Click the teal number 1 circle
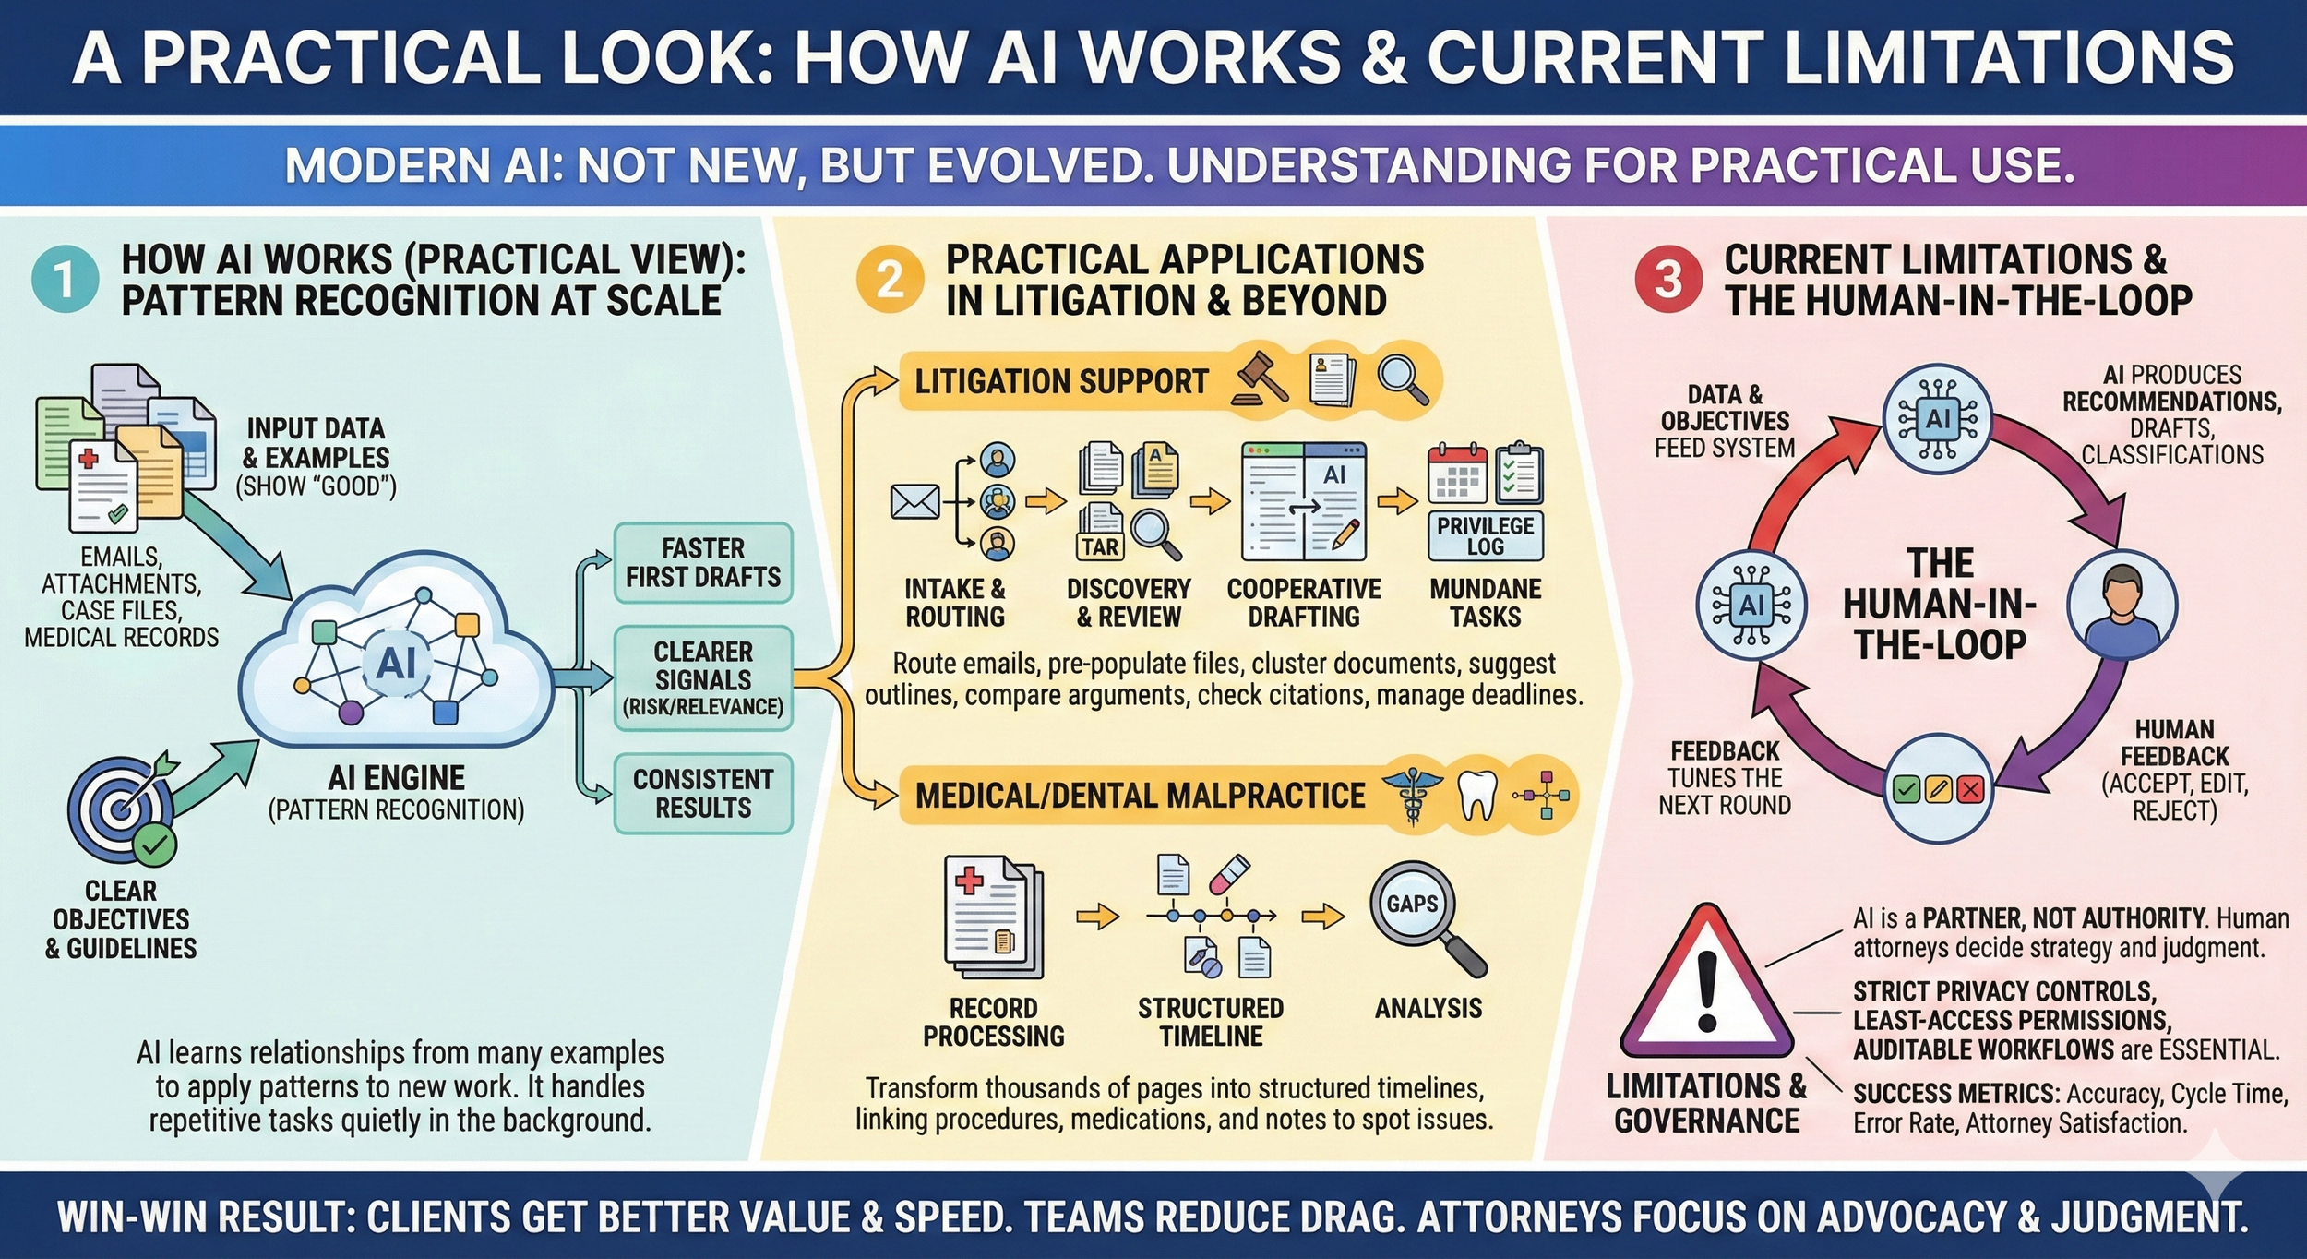click(65, 280)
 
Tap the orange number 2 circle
click(889, 280)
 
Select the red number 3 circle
click(1667, 280)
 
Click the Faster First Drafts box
click(703, 563)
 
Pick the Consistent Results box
click(703, 794)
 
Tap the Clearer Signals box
click(703, 678)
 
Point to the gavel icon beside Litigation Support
click(1261, 378)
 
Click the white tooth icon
click(1475, 795)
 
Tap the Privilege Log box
click(1485, 536)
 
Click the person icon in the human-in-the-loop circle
click(2121, 605)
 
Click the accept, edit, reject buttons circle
click(1937, 789)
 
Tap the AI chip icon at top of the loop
click(1937, 420)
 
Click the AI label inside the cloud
click(396, 663)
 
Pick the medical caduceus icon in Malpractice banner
click(1411, 796)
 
